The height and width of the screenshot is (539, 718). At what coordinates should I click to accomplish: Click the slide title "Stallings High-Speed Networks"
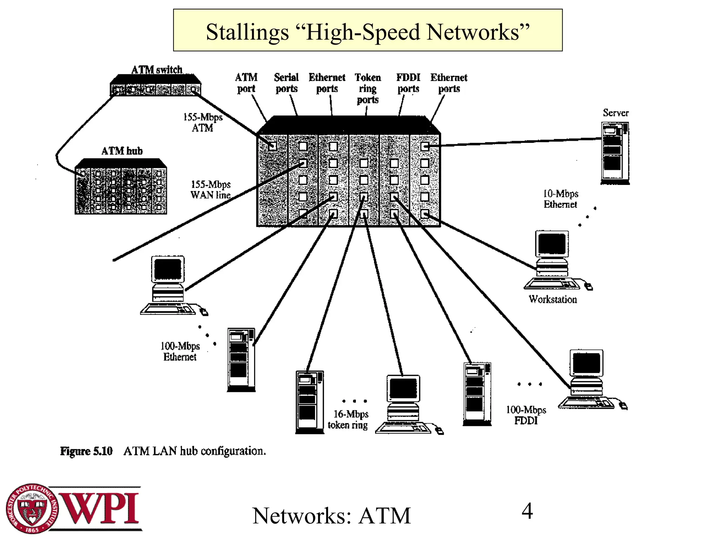point(367,32)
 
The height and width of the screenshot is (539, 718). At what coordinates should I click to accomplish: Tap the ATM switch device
point(155,86)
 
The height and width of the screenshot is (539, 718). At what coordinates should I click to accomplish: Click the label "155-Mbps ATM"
point(203,122)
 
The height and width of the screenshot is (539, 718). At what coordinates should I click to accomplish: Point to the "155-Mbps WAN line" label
point(210,190)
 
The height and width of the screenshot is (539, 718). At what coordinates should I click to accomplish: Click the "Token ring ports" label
point(367,88)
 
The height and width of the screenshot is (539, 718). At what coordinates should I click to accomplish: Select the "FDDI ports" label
point(408,83)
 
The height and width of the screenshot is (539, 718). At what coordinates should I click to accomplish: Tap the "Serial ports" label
point(286,83)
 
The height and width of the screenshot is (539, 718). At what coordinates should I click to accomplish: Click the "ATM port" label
point(246,83)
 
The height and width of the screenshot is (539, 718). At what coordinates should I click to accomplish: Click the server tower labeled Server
point(615,153)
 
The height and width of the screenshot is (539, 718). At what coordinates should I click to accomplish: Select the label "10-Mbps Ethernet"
point(560,199)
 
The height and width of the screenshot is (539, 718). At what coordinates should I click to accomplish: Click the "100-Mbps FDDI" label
point(526,415)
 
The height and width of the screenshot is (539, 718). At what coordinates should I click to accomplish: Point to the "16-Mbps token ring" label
point(348,419)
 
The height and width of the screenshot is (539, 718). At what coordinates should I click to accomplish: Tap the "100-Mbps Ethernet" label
point(180,351)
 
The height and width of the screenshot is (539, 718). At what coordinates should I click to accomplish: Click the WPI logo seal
point(32,508)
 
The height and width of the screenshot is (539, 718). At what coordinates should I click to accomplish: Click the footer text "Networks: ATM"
point(331,516)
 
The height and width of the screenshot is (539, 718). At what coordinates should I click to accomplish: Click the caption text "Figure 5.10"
point(86,451)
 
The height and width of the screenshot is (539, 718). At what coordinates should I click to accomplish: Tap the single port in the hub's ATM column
point(272,146)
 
